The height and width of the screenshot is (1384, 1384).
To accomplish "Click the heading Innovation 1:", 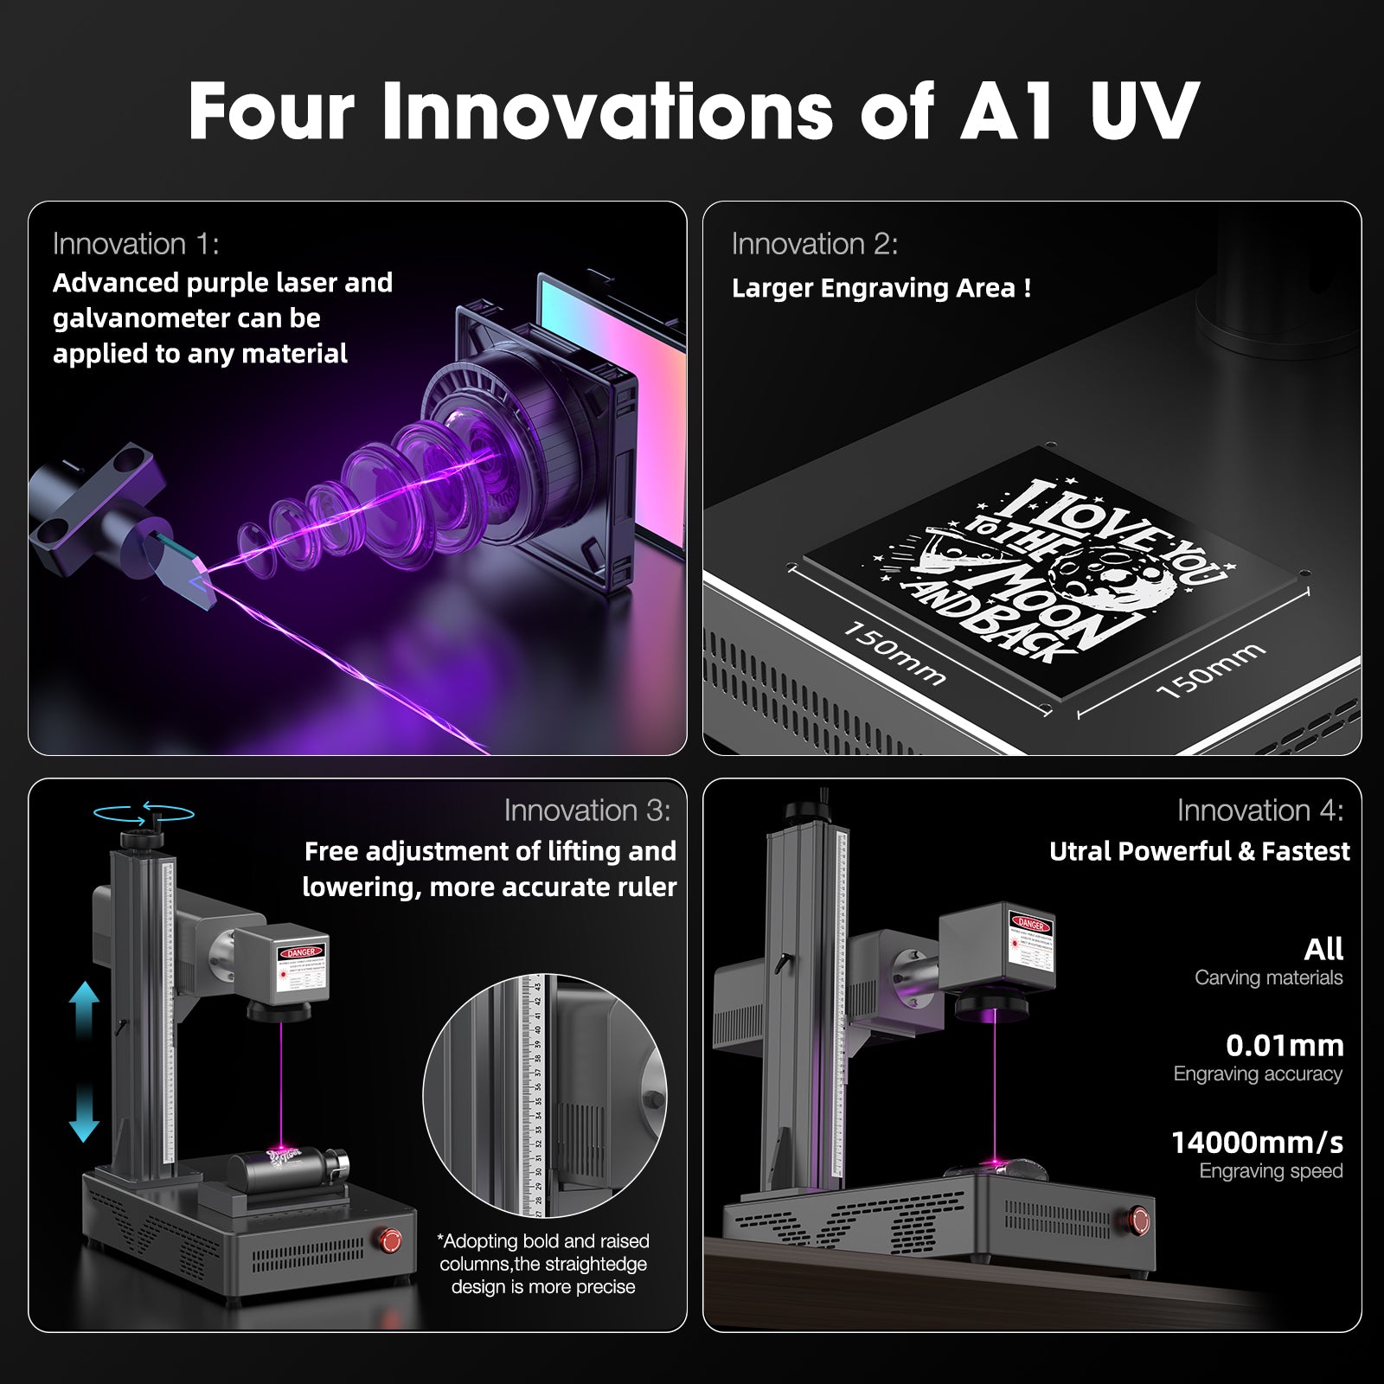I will click(x=136, y=244).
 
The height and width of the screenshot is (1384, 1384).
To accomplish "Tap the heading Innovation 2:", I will click(x=815, y=244).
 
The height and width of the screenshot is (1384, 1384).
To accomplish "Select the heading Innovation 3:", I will click(x=587, y=811).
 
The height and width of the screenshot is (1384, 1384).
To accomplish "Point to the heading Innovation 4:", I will click(x=1260, y=811).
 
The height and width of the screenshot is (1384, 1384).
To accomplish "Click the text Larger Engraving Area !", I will click(x=881, y=288).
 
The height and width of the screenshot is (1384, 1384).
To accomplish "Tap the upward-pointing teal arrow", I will click(x=84, y=1009).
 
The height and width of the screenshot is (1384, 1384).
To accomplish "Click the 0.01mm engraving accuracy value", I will click(x=1285, y=1046).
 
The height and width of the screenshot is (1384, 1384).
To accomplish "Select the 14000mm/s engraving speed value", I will click(x=1257, y=1143).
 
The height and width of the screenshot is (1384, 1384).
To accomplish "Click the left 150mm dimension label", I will click(x=894, y=653).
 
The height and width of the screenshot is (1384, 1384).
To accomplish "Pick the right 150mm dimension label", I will click(x=1210, y=670).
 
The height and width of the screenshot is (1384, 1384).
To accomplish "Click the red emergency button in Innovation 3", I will click(x=391, y=1240).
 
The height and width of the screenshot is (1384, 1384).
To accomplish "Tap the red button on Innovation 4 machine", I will click(x=1139, y=1221).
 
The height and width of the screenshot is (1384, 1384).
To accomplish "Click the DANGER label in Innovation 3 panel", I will click(x=300, y=952).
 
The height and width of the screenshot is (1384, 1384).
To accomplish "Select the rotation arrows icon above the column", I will click(x=144, y=812).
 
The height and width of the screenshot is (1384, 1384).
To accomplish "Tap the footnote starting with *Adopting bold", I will click(x=543, y=1264).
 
